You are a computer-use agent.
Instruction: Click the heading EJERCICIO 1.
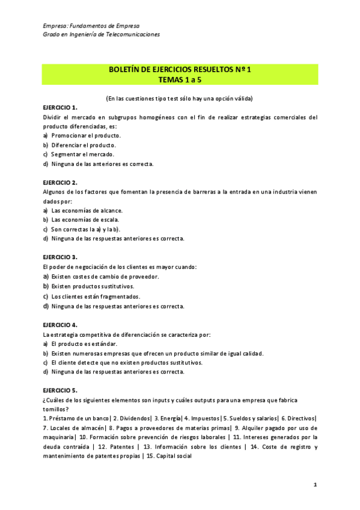tap(61, 107)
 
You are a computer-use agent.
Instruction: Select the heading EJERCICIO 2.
tap(61, 182)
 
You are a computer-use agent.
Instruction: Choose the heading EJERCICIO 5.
tap(61, 390)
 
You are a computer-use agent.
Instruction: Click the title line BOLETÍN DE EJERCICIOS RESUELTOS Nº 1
tap(180, 70)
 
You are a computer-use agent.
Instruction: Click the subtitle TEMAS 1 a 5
tap(180, 79)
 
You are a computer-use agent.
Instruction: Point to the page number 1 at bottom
tap(315, 484)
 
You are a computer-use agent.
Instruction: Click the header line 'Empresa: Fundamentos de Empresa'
tap(91, 26)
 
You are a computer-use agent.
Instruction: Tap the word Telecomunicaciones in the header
tap(135, 35)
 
